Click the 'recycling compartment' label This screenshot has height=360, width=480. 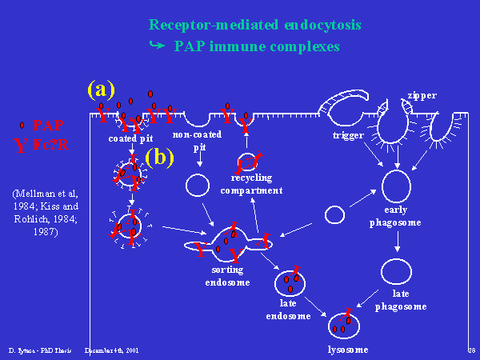[x=256, y=183]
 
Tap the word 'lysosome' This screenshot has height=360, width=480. [x=348, y=350]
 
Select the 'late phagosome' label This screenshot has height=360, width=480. [x=401, y=301]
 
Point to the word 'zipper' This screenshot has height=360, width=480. [x=422, y=95]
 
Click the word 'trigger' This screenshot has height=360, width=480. [x=348, y=136]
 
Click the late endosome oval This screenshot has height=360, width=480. [x=290, y=283]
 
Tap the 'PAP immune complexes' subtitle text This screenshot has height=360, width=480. [x=256, y=46]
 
